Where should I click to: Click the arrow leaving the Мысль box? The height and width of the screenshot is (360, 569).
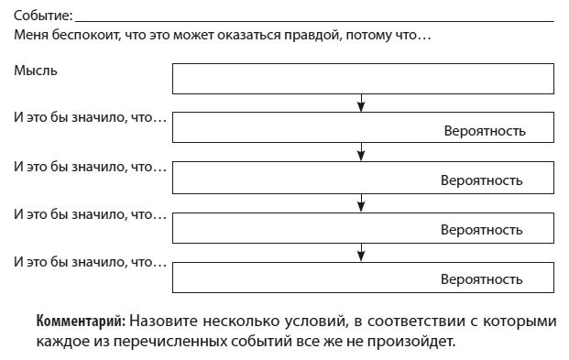click(x=364, y=102)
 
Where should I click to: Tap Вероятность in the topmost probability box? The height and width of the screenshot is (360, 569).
click(x=485, y=131)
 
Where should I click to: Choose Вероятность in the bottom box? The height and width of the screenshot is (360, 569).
click(x=482, y=278)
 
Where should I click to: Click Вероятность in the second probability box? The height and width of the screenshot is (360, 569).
click(x=482, y=180)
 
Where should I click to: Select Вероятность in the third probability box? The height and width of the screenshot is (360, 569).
click(x=482, y=229)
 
